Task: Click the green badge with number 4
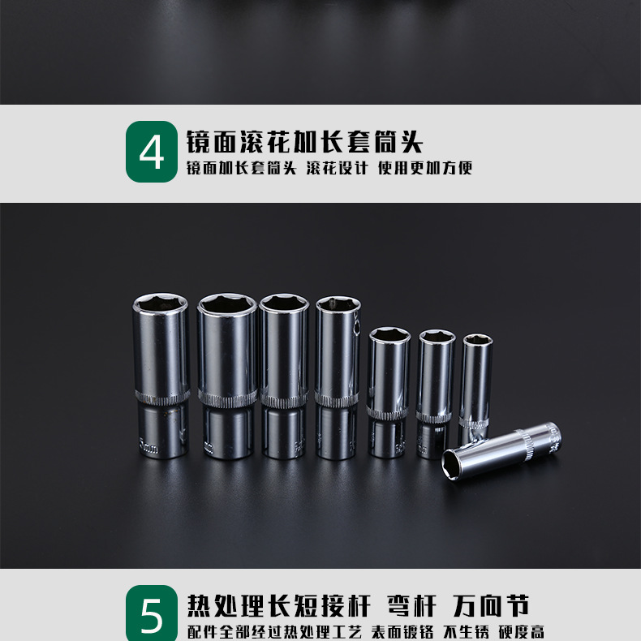[151, 152]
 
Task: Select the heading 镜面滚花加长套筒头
[305, 142]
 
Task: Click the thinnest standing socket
[475, 377]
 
